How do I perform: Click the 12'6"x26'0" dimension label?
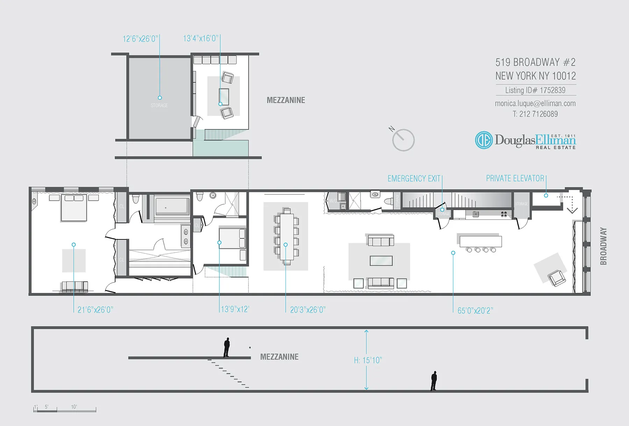pyautogui.click(x=140, y=39)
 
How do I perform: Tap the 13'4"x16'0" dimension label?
pyautogui.click(x=201, y=38)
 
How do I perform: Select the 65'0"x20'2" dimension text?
pyautogui.click(x=475, y=310)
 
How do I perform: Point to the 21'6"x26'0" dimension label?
pyautogui.click(x=95, y=310)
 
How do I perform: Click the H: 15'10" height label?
pyautogui.click(x=368, y=360)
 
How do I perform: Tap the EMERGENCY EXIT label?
pyautogui.click(x=414, y=179)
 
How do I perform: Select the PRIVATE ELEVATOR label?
pyautogui.click(x=515, y=178)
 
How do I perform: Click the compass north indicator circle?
pyautogui.click(x=403, y=140)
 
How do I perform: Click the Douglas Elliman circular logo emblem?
pyautogui.click(x=484, y=140)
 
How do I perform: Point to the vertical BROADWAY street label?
pyautogui.click(x=603, y=246)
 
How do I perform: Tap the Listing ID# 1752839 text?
pyautogui.click(x=535, y=90)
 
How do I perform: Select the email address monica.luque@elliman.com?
pyautogui.click(x=535, y=103)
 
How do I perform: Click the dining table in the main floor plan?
pyautogui.click(x=287, y=237)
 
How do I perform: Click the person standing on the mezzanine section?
pyautogui.click(x=227, y=347)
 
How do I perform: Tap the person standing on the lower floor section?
pyautogui.click(x=434, y=381)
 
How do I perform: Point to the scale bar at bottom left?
pyautogui.click(x=65, y=410)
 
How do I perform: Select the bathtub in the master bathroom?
pyautogui.click(x=172, y=207)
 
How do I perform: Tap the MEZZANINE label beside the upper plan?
pyautogui.click(x=286, y=100)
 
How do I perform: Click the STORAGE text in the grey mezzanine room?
pyautogui.click(x=159, y=106)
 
